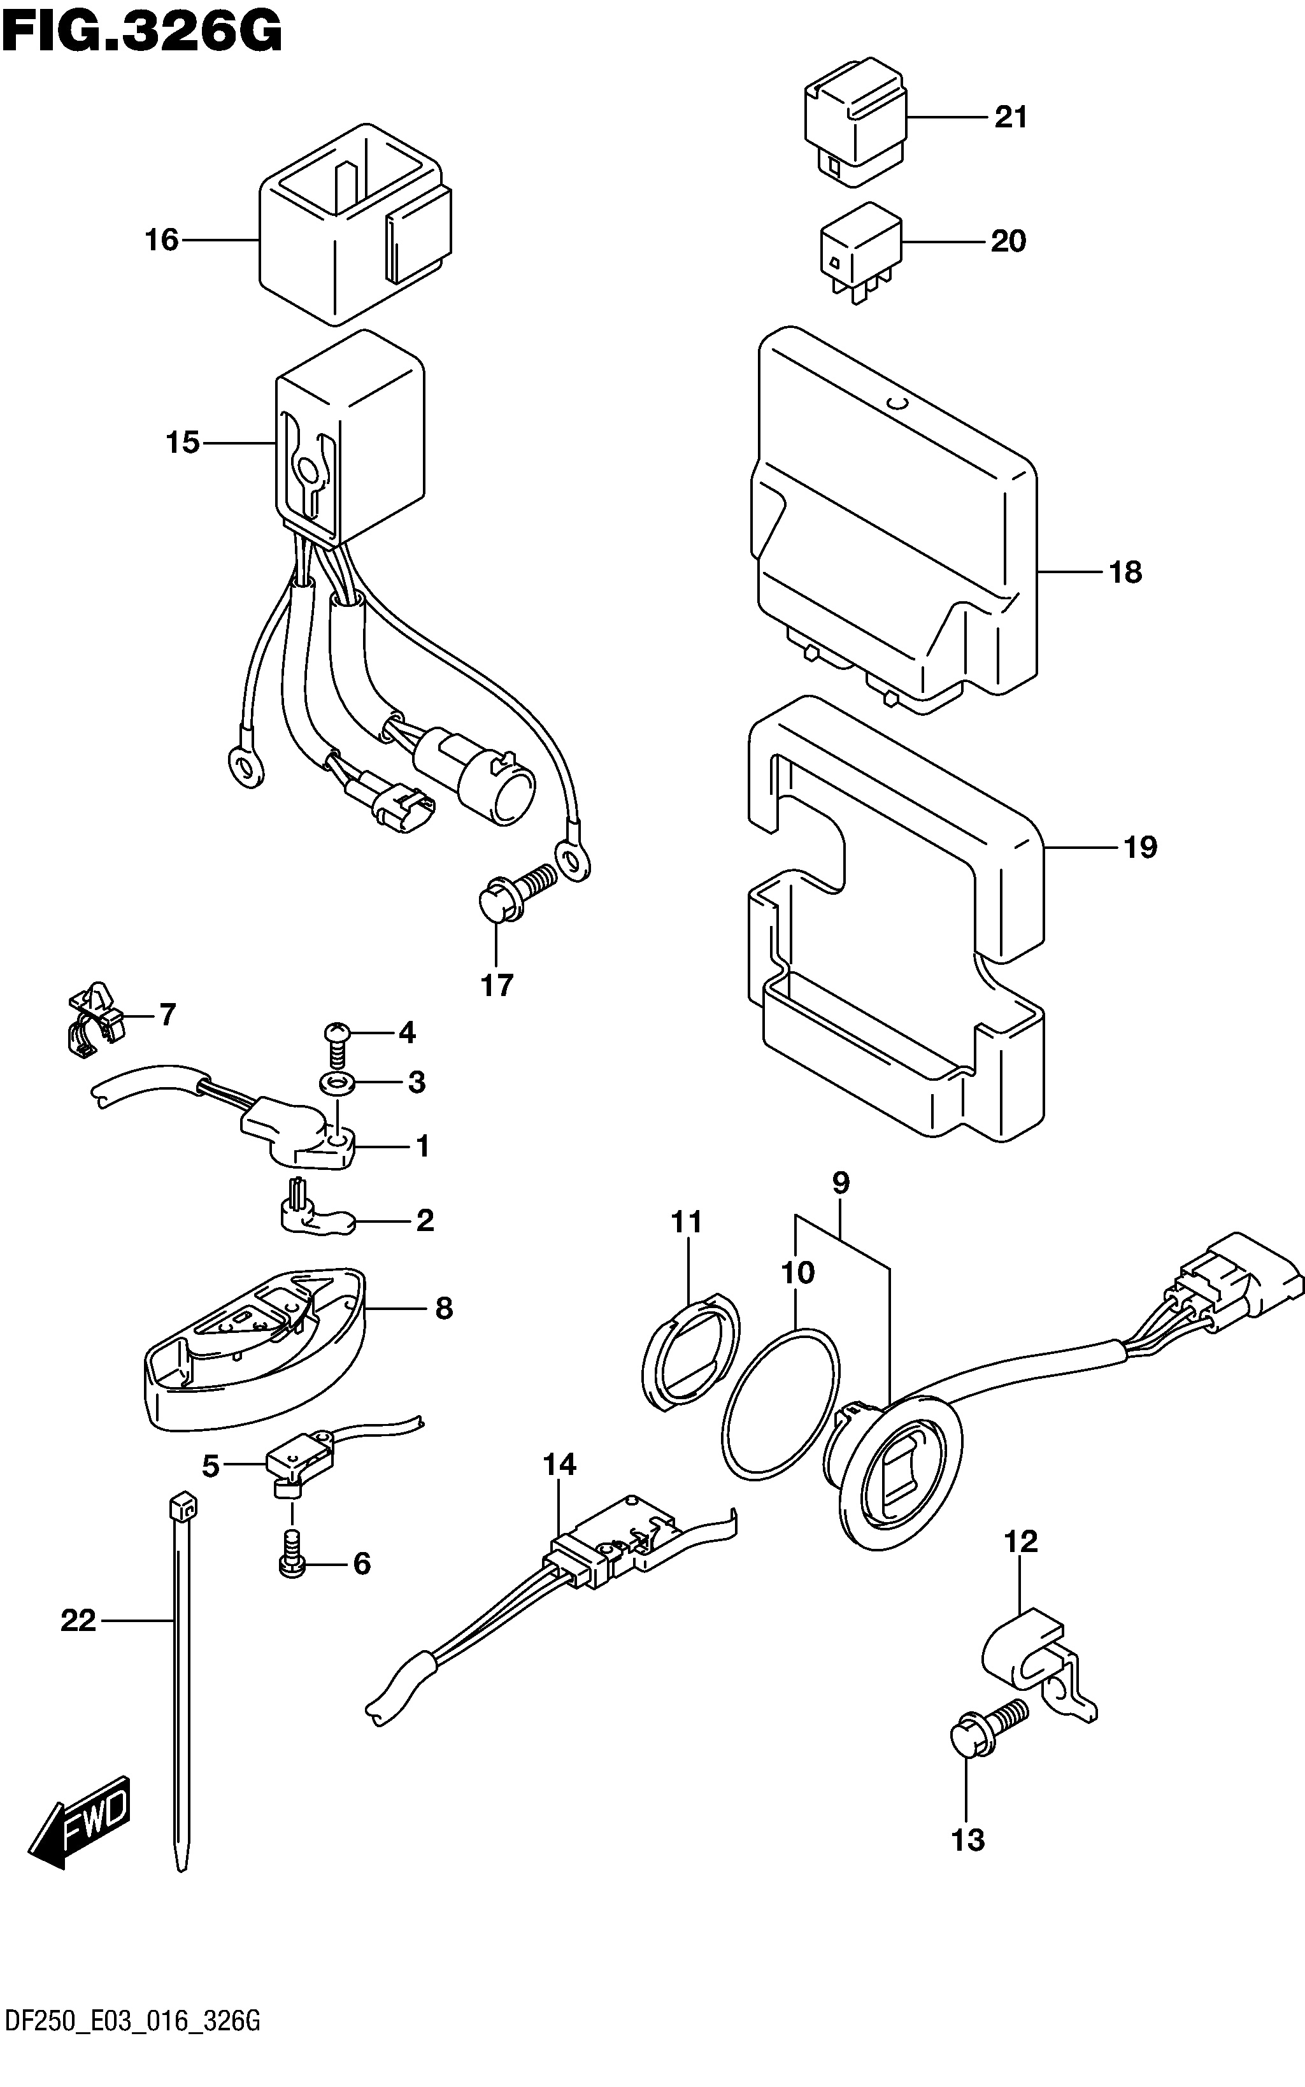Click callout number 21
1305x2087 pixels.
tap(1011, 117)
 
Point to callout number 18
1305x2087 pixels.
tap(1125, 571)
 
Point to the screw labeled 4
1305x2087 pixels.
tap(338, 1040)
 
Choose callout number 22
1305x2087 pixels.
tap(78, 1622)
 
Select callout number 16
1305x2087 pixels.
tap(161, 239)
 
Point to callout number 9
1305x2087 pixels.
tap(841, 1183)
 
